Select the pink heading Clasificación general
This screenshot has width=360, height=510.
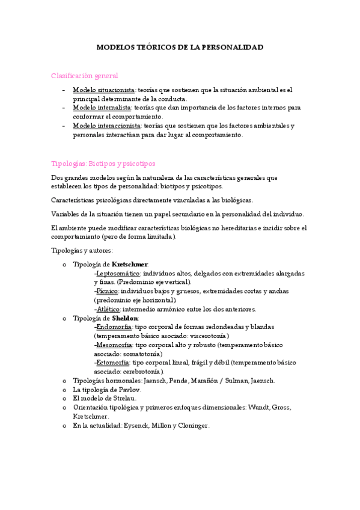[85, 75]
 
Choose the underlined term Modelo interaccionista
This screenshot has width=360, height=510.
[107, 126]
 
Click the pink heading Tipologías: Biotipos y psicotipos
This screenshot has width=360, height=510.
[103, 163]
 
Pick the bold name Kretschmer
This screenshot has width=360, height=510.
[130, 264]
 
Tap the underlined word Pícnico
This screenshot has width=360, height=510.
[107, 291]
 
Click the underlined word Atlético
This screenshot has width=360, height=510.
[108, 309]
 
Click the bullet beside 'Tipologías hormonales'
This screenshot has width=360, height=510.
[65, 381]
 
